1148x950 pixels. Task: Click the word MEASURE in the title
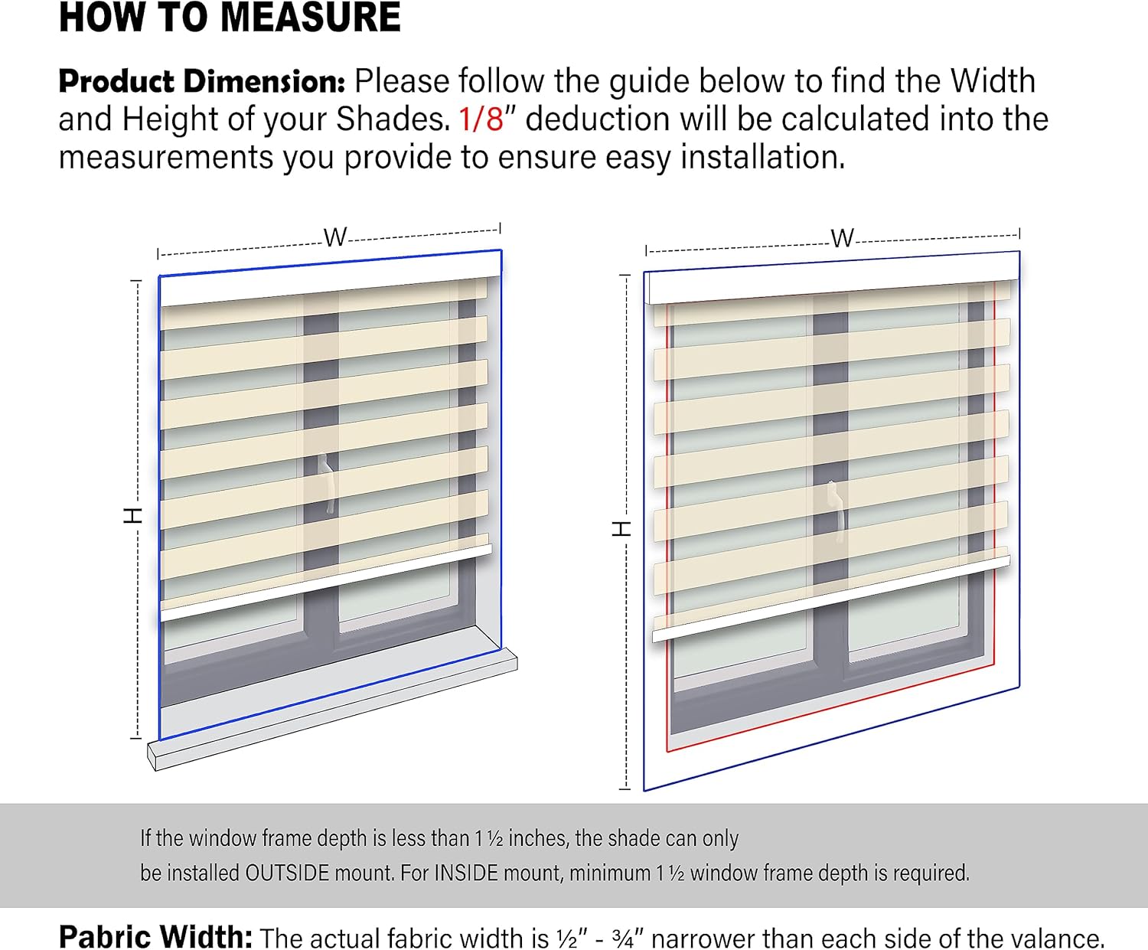pos(311,18)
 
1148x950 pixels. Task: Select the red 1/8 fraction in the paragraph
pos(481,119)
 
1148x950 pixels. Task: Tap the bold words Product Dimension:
pos(202,81)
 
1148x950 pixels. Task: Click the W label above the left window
pos(335,237)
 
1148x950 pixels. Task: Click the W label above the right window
pos(843,239)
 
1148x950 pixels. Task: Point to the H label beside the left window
pos(132,515)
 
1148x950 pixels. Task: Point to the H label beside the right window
pos(621,529)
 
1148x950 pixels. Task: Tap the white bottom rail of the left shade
pos(326,583)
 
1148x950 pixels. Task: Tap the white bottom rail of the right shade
pos(830,599)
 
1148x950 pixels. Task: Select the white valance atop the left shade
pos(330,279)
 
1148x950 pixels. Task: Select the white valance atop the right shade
pos(833,278)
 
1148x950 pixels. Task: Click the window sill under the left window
pos(333,710)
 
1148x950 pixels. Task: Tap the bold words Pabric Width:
pos(155,936)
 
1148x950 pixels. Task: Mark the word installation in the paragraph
pos(762,158)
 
